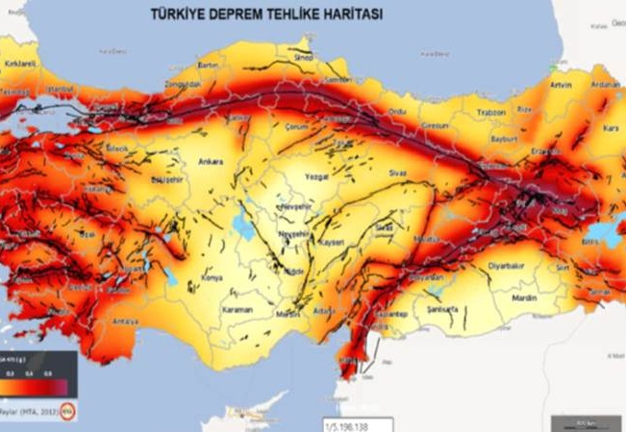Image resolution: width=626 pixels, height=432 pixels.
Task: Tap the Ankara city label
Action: (212, 161)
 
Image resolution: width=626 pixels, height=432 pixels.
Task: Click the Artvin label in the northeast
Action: (562, 84)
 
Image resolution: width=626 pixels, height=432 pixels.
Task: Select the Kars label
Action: (609, 127)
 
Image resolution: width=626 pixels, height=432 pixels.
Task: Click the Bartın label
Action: (209, 65)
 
